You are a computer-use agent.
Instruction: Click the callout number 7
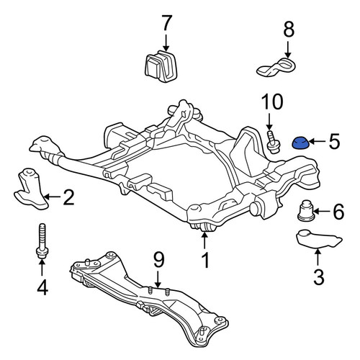(x=167, y=23)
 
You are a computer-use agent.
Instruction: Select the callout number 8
(x=289, y=30)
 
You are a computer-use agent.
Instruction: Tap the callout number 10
(x=272, y=102)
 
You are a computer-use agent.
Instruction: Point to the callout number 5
(x=334, y=141)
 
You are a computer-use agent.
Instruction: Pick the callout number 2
(x=68, y=197)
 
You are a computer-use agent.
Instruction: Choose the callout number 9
(x=158, y=261)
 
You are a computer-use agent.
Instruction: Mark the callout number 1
(x=205, y=260)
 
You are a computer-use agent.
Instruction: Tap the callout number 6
(x=338, y=212)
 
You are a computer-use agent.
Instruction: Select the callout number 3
(x=319, y=277)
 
